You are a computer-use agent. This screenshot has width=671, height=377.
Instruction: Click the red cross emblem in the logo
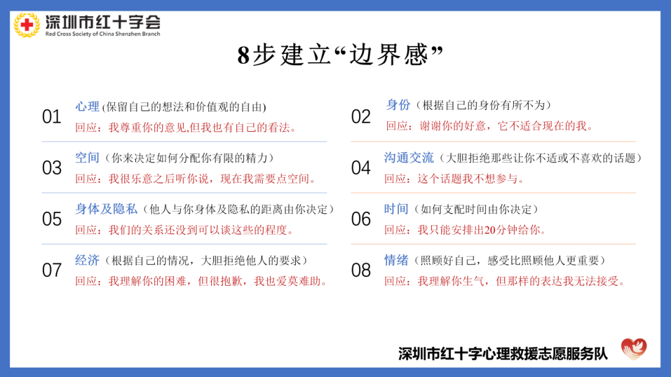(27, 25)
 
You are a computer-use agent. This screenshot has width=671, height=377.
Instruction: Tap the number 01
(52, 117)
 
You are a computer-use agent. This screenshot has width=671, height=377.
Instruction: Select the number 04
(361, 168)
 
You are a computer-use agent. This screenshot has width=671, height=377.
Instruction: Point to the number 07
(52, 270)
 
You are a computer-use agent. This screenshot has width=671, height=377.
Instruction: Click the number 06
(361, 219)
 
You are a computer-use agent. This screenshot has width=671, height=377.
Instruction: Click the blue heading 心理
(87, 106)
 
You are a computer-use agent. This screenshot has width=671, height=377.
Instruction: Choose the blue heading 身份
(398, 105)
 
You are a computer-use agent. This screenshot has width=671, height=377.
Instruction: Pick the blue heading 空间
(87, 158)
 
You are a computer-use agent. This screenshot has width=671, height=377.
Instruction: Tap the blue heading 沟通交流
(409, 158)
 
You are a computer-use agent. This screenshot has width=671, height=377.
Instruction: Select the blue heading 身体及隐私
(105, 209)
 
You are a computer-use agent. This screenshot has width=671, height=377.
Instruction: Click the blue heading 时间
(396, 209)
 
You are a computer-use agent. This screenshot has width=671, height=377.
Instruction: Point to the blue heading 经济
(87, 260)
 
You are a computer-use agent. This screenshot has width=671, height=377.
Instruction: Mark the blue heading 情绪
(396, 260)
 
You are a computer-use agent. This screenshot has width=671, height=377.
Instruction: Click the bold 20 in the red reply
(490, 230)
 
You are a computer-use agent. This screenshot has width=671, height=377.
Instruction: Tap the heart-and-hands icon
(634, 350)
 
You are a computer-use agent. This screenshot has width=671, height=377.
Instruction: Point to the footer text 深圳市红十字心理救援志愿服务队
(503, 353)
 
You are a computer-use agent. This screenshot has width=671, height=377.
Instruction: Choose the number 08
(361, 270)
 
